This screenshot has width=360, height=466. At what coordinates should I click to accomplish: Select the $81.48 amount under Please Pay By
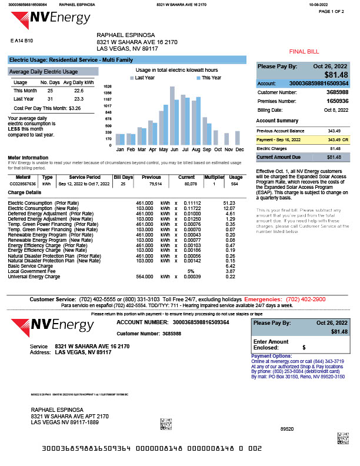pos(336,75)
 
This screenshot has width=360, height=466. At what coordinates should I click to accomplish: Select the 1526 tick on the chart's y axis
pos(107,86)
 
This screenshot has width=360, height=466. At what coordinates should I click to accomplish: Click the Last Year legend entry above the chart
pos(144,78)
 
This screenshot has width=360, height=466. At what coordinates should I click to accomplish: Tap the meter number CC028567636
pos(24,184)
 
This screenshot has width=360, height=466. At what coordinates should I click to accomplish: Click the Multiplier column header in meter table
pos(215,177)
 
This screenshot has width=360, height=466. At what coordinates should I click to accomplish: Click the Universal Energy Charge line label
pos(34,276)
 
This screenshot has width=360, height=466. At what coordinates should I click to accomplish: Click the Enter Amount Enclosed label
pos(271,345)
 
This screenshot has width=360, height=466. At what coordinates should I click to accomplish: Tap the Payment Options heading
pos(271,356)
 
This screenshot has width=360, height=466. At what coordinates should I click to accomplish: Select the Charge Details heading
pos(25,192)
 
